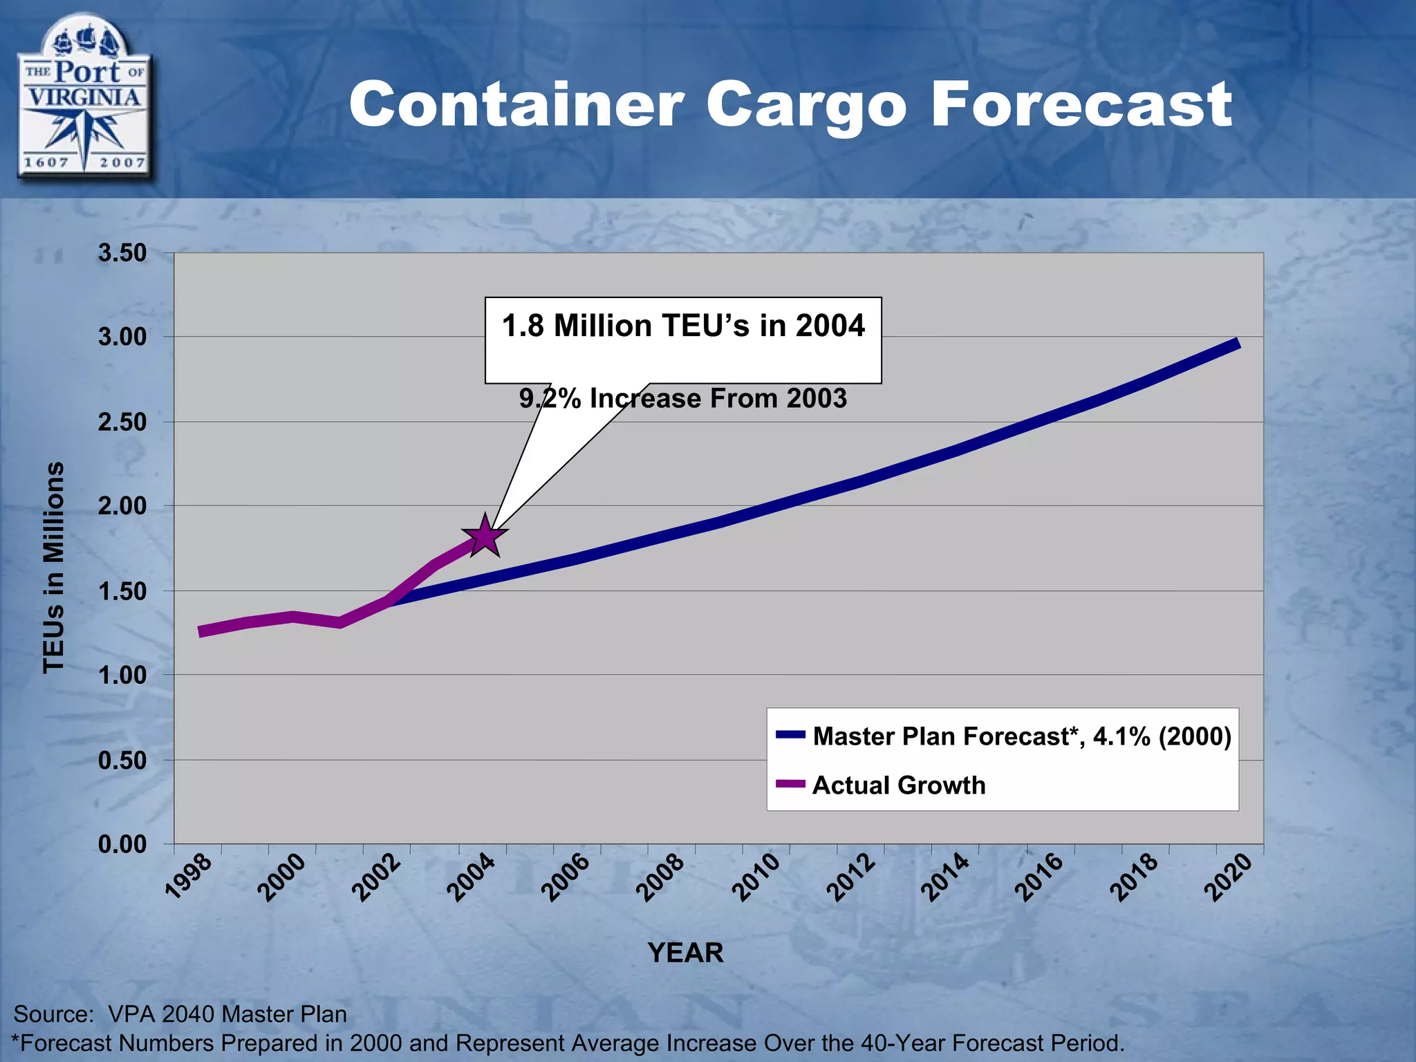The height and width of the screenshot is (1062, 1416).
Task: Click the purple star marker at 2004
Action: [485, 537]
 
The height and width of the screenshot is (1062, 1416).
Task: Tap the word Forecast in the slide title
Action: [1081, 105]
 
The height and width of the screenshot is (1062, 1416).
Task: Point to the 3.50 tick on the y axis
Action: [122, 253]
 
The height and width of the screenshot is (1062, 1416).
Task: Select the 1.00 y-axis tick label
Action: [122, 675]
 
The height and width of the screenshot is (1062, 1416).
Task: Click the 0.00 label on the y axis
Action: [122, 844]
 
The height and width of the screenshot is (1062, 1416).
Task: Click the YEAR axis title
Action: [685, 953]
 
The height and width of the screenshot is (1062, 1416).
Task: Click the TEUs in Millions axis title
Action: [54, 567]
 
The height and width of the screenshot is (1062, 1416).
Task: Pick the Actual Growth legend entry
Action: [898, 785]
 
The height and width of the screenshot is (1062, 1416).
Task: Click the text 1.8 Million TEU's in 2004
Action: [683, 326]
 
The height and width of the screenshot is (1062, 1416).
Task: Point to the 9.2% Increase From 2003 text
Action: [683, 399]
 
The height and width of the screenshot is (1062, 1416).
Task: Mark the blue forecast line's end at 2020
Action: [1237, 344]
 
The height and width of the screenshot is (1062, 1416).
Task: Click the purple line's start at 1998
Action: [201, 631]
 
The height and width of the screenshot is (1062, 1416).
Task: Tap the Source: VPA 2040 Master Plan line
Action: [180, 1014]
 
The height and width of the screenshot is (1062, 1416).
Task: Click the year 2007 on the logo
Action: [122, 162]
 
